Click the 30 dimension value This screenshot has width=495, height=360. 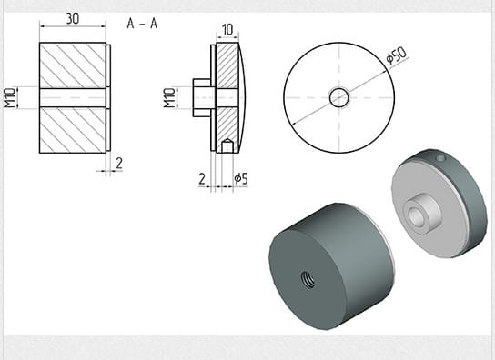[x=73, y=19]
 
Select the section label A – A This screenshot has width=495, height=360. [x=142, y=24]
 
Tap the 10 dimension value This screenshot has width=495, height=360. [x=227, y=30]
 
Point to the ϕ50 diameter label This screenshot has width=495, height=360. [x=397, y=55]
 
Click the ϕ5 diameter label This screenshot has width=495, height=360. [x=241, y=178]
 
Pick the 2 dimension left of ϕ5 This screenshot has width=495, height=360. [x=202, y=178]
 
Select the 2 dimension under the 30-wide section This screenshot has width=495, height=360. [x=119, y=164]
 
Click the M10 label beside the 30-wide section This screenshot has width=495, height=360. [x=9, y=98]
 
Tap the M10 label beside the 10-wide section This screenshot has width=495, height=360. [x=169, y=98]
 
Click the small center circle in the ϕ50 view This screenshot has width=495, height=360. [x=339, y=98]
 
